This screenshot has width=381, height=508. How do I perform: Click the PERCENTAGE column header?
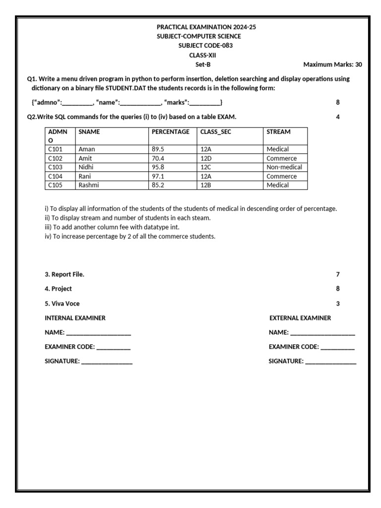point(170,132)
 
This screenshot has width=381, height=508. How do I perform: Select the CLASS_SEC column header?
point(215,132)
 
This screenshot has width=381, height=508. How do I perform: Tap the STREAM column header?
point(278,132)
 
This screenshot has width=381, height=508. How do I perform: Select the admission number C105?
point(55,185)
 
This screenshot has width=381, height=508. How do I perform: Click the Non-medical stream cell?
point(284,167)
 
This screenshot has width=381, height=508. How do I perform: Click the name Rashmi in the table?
point(89,185)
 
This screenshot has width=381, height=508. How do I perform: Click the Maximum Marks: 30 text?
point(332,64)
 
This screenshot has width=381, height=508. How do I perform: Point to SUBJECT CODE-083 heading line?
point(205,46)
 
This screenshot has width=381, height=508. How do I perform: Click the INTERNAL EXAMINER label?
point(75,318)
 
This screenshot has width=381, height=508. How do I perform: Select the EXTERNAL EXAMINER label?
point(300,318)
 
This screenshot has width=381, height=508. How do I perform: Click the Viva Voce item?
point(62,304)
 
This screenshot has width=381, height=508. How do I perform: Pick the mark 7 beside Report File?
point(338,274)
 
